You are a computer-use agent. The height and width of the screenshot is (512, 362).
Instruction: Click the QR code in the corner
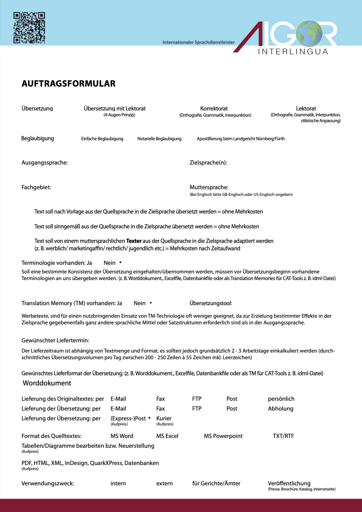click(x=29, y=27)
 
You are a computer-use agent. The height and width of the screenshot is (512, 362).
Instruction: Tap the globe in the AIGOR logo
click(x=309, y=33)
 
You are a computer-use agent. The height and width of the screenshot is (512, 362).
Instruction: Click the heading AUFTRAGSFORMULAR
click(x=68, y=83)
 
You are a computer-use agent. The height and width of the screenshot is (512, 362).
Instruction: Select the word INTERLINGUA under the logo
click(x=293, y=52)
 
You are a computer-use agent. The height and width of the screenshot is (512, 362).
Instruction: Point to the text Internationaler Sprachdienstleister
click(x=198, y=42)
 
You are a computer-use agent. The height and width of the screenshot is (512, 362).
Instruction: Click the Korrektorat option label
click(x=214, y=109)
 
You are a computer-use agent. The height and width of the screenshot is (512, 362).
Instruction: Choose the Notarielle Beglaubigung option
click(x=159, y=139)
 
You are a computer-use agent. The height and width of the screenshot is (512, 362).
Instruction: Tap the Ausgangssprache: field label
click(x=44, y=163)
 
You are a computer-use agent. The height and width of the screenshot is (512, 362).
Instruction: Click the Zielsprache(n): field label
click(x=208, y=163)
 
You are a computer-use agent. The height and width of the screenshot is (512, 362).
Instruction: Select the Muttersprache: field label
click(x=209, y=187)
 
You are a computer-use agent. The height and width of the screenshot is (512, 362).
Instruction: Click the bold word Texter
click(x=134, y=241)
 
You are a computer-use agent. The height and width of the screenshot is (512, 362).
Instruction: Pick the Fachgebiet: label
click(x=36, y=187)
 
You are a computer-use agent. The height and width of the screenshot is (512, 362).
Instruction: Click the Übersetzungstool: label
click(x=211, y=303)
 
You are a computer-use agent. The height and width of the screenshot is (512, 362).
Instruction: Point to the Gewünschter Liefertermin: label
click(x=55, y=340)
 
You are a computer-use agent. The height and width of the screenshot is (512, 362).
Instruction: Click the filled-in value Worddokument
click(x=47, y=383)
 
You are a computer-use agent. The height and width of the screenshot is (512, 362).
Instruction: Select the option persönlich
click(x=281, y=399)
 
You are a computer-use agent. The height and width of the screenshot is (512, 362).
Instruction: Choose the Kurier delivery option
click(x=164, y=418)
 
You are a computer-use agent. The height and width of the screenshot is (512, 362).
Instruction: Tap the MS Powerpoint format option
click(x=223, y=436)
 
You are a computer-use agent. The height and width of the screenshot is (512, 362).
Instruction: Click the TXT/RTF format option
click(x=283, y=436)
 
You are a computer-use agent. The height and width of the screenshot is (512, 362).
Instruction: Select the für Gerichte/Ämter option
click(x=216, y=483)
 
